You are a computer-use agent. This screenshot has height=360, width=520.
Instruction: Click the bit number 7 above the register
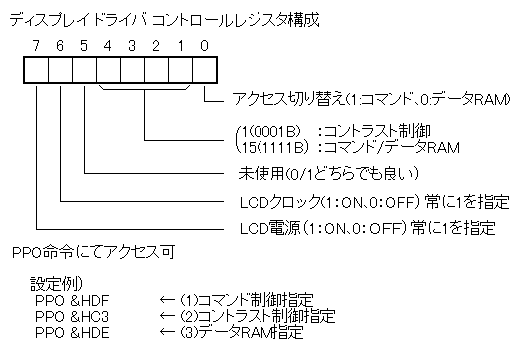36,46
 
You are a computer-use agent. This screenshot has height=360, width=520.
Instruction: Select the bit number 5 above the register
84,46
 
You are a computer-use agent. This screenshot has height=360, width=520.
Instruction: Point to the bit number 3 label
131,46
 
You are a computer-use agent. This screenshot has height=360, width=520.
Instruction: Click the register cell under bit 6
60,69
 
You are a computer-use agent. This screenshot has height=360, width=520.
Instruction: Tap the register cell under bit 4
108,69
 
